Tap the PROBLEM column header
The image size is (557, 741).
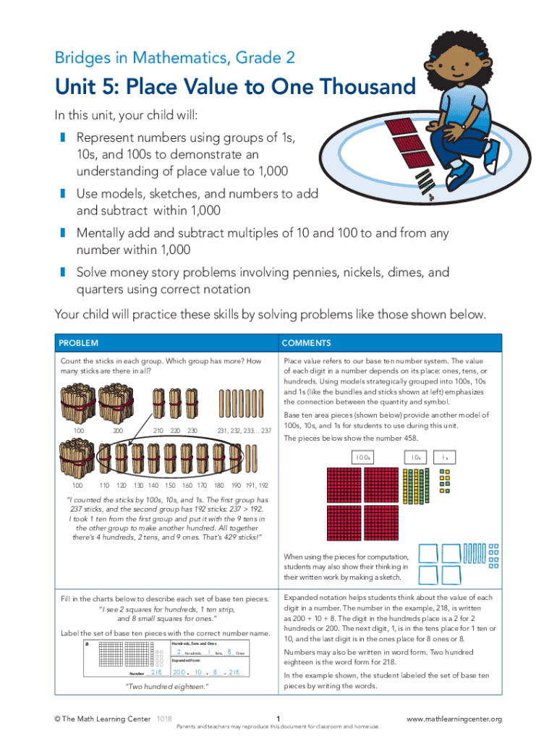[79, 343]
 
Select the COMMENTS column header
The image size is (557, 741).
[307, 343]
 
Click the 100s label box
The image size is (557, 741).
[363, 457]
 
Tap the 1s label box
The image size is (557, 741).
[445, 457]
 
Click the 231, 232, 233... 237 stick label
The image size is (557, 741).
[244, 431]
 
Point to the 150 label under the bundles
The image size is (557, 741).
[170, 485]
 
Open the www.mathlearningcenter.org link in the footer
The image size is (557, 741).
[454, 719]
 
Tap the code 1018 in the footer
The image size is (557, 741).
[164, 719]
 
